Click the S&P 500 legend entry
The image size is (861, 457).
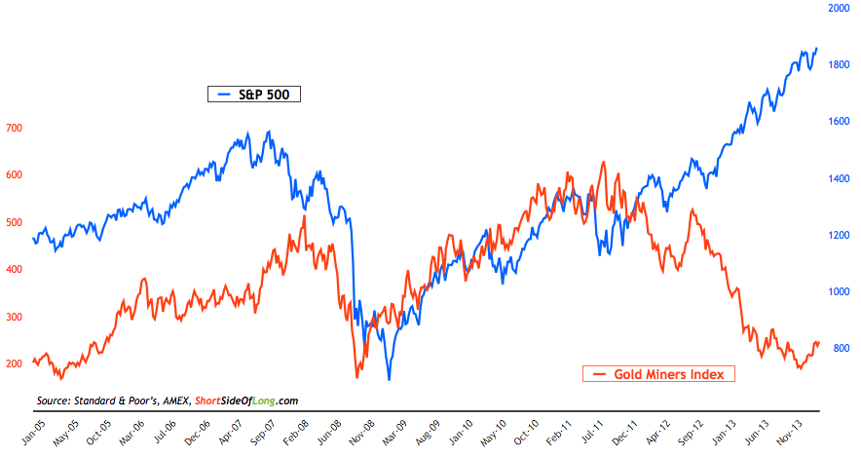[x=256, y=95]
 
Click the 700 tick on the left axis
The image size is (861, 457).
[x=14, y=129]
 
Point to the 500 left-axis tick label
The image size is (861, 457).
[x=14, y=223]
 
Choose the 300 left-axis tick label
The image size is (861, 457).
[x=14, y=318]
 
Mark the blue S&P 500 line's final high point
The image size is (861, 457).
[x=816, y=48]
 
